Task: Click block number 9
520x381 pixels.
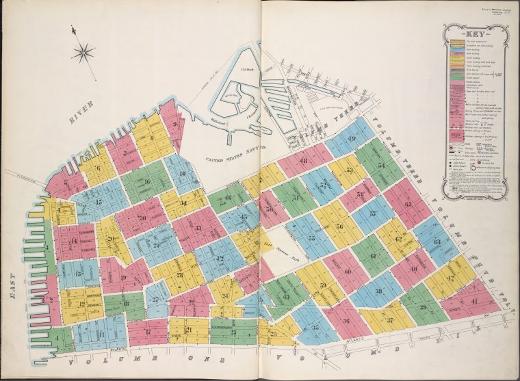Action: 176,124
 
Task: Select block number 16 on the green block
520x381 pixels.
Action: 146,181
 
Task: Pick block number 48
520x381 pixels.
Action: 303,161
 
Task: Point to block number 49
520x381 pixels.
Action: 352,140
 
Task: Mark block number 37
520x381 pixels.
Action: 389,320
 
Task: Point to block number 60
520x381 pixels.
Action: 347,272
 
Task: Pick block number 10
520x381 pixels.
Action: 182,173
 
